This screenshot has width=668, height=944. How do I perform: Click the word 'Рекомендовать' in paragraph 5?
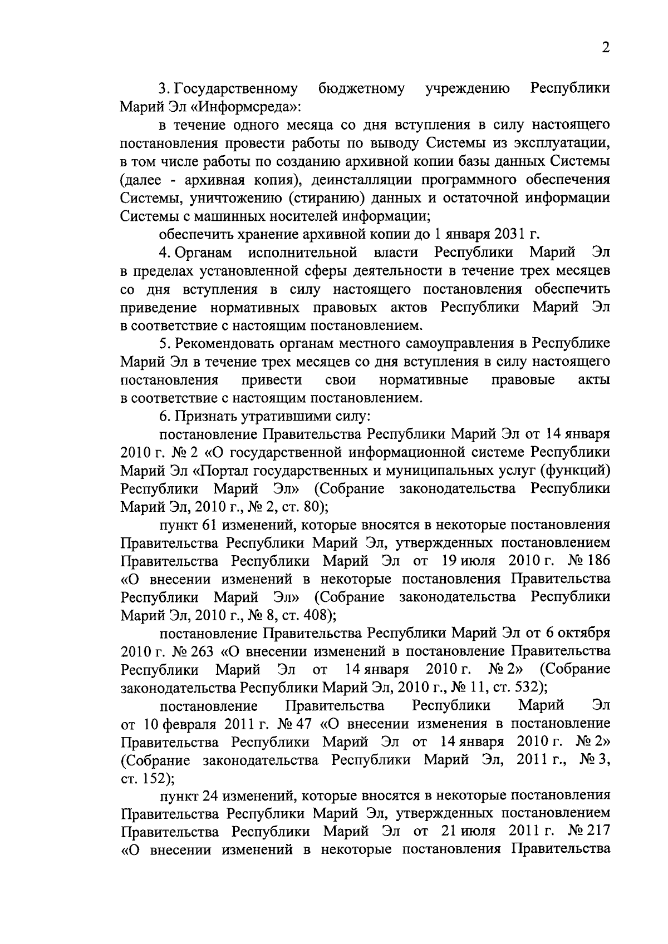pyautogui.click(x=222, y=343)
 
